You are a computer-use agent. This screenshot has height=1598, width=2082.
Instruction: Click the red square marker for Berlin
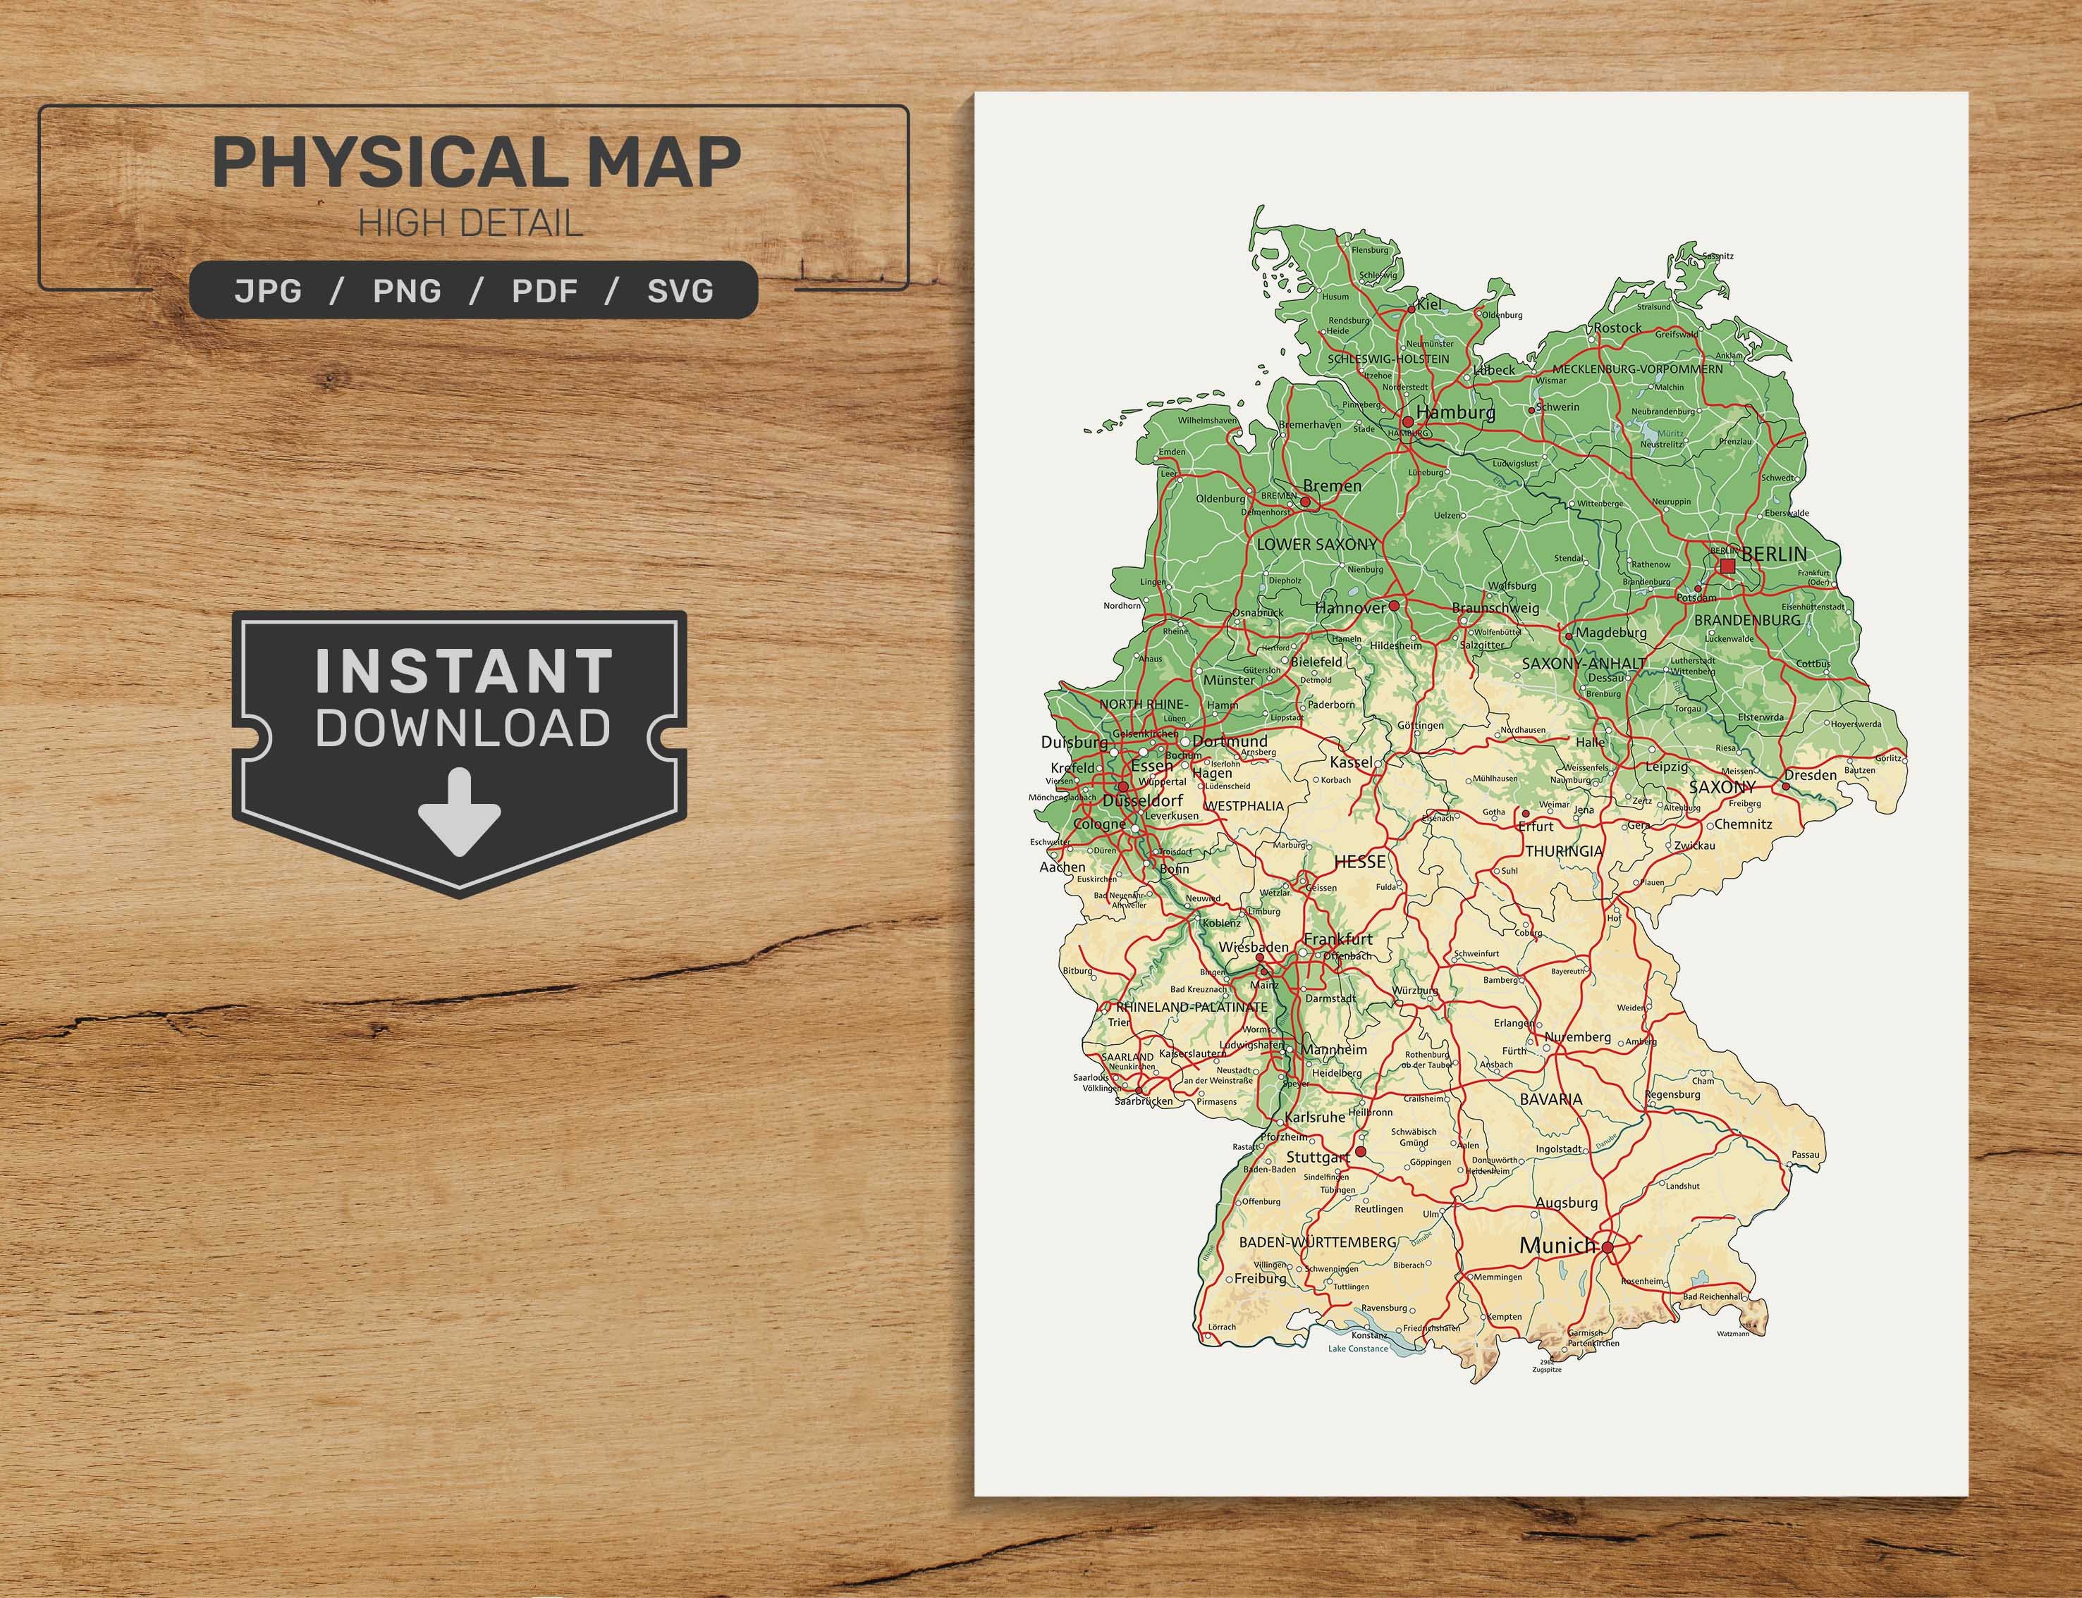(1727, 566)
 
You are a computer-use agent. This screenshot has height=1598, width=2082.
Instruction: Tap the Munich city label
(1557, 1245)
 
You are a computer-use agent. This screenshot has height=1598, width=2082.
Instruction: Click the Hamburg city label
(1455, 412)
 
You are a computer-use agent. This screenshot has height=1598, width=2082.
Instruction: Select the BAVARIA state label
(1551, 1098)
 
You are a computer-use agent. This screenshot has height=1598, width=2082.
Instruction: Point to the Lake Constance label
(1358, 1349)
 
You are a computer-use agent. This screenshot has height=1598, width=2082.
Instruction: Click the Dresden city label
(1810, 774)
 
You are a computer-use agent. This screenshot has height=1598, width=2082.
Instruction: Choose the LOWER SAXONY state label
(1317, 544)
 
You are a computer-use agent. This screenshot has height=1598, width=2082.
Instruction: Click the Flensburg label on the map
(1370, 250)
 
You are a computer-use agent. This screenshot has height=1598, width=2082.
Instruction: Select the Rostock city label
(1617, 327)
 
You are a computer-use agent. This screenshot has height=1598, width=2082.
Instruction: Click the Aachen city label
(1062, 867)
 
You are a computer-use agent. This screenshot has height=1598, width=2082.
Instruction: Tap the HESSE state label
(1360, 862)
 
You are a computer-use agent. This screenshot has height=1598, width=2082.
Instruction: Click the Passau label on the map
(1804, 1155)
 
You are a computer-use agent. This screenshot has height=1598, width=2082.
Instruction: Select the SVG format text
(680, 290)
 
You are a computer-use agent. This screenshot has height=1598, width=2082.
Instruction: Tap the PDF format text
(544, 290)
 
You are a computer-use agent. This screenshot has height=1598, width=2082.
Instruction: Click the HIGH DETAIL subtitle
(469, 223)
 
